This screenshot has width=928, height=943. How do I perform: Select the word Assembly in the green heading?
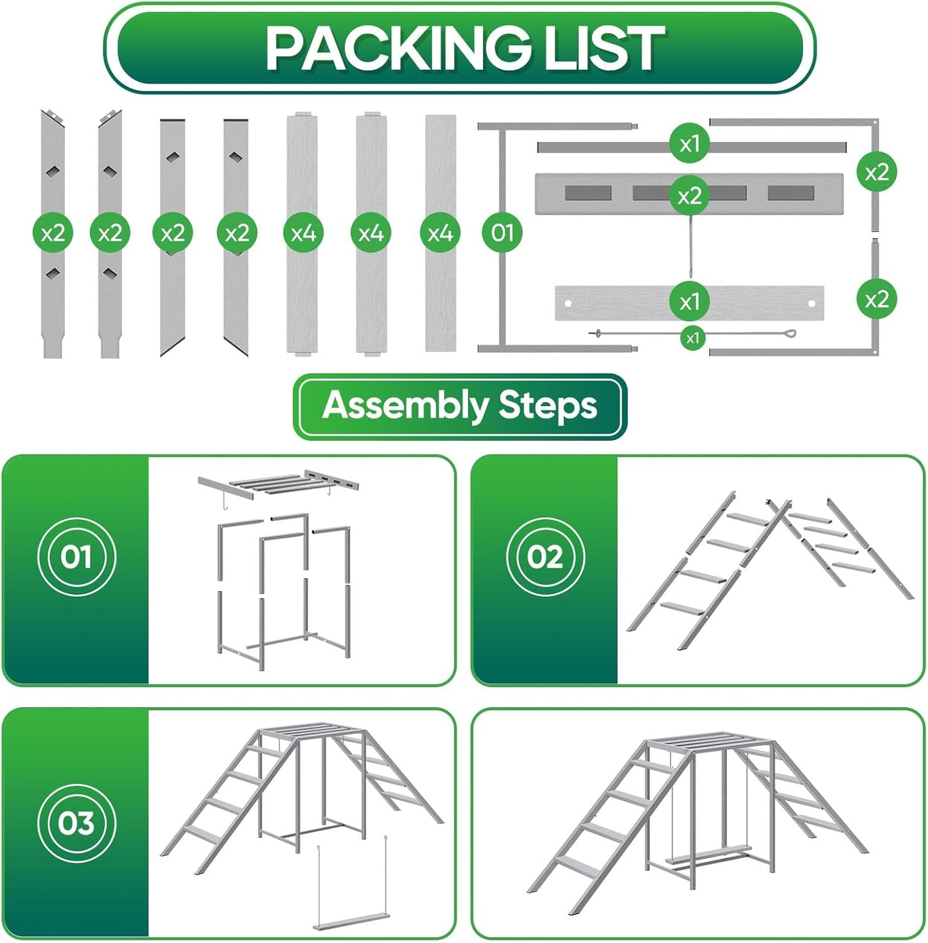click(x=405, y=406)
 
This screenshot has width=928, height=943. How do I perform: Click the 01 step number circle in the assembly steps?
click(x=76, y=556)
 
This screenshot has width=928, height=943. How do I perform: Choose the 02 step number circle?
click(x=545, y=556)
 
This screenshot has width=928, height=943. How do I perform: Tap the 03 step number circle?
click(x=76, y=823)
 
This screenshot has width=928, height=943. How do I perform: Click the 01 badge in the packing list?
click(x=502, y=233)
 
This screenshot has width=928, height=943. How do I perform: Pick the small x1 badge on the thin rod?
click(x=692, y=338)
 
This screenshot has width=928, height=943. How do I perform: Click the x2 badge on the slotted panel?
click(x=689, y=196)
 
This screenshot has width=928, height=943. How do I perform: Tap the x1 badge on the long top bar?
click(x=689, y=143)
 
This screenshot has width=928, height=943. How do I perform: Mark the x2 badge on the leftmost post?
click(x=53, y=233)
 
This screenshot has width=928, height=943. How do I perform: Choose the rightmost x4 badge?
click(x=440, y=233)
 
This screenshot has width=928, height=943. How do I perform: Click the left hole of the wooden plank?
click(x=568, y=303)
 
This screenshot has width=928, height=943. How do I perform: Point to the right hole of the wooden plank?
click(x=812, y=303)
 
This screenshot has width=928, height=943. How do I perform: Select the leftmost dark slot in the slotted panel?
click(x=588, y=193)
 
